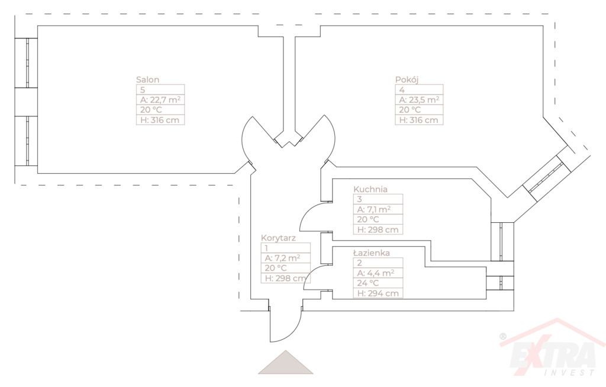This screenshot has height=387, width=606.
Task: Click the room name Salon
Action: (148, 79)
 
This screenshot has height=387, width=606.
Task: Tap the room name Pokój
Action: (407, 79)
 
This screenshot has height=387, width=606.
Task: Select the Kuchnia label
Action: (370, 189)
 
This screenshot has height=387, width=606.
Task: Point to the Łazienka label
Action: (371, 253)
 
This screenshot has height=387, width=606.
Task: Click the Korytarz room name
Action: (278, 238)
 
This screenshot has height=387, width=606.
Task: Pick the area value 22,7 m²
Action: (159, 100)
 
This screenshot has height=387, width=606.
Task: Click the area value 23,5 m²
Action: (419, 100)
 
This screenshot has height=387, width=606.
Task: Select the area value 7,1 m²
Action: (372, 209)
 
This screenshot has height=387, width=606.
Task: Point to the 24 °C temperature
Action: (368, 283)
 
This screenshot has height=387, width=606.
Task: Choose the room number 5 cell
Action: (143, 90)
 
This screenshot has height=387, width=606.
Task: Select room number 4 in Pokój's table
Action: (402, 90)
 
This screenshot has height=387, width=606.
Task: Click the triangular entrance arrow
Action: (285, 363)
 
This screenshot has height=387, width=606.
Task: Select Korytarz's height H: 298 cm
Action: (285, 278)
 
